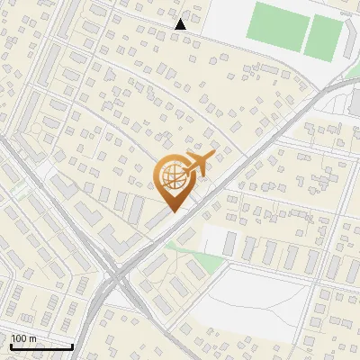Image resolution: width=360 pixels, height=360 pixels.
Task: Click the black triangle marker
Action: click(x=181, y=24)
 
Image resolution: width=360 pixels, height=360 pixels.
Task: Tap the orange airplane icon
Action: click(x=197, y=165)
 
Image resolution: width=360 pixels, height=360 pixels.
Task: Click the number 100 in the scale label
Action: click(x=20, y=338)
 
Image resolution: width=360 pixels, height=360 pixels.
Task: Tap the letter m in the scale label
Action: click(x=32, y=338)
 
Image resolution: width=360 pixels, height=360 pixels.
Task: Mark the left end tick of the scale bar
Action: click(x=11, y=346)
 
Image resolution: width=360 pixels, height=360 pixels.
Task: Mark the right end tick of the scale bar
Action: click(x=72, y=346)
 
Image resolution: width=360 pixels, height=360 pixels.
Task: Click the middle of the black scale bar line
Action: click(x=41, y=346)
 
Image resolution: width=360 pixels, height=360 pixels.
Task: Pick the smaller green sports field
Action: click(x=322, y=37)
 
